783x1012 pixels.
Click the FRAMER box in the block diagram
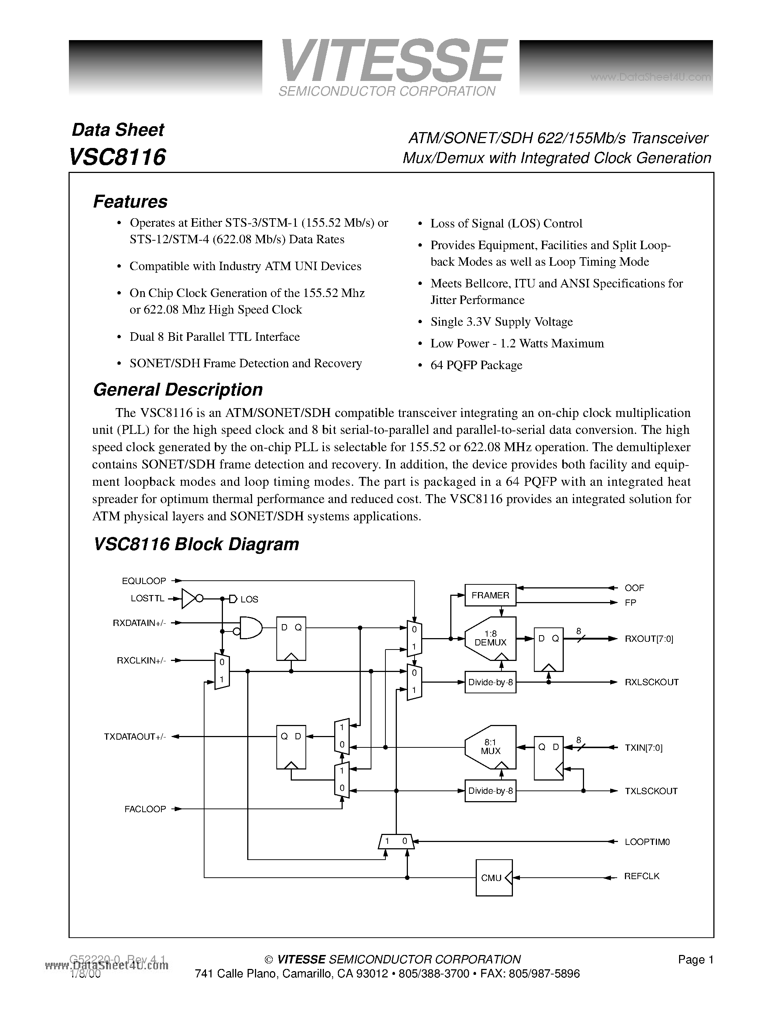point(490,595)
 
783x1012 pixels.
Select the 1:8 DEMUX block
point(490,638)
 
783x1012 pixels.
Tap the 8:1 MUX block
point(490,747)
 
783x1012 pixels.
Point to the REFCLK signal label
point(642,876)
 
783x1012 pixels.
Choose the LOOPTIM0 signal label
point(647,842)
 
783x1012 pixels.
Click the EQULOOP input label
point(144,581)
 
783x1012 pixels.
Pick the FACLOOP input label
point(145,809)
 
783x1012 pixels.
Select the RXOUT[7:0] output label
point(649,639)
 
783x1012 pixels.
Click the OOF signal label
point(634,588)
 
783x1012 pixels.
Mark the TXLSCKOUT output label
point(651,791)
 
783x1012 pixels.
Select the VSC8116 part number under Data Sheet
point(117,157)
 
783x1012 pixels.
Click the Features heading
point(130,202)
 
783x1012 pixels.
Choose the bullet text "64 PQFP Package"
point(476,365)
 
